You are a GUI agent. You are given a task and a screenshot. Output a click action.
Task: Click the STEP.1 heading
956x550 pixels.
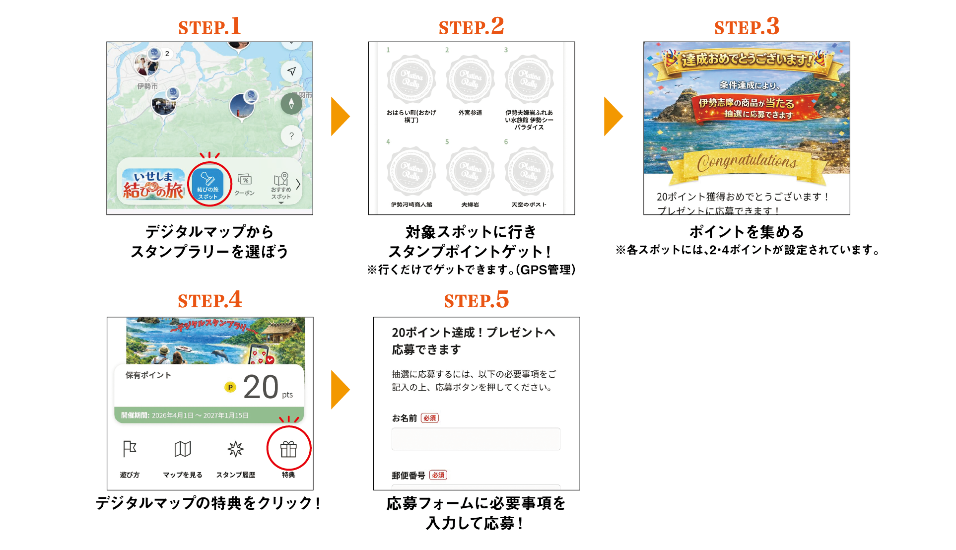[x=209, y=26]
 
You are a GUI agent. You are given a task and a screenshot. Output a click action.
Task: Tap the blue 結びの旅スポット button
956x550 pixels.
[x=207, y=184]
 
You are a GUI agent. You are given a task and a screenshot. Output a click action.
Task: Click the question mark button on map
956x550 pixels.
[x=291, y=136]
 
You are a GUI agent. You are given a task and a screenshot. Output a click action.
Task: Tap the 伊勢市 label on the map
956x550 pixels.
[x=147, y=86]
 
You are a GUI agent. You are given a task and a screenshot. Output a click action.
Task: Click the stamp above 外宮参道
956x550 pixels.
[x=470, y=79]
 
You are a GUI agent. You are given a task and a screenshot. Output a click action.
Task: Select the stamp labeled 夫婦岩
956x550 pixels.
[x=470, y=171]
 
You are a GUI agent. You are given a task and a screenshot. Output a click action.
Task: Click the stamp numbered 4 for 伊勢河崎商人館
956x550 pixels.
[x=411, y=171]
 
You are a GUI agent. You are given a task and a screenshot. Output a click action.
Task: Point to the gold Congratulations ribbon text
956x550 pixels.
[x=747, y=162]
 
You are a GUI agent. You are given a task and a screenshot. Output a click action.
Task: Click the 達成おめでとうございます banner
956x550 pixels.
[x=747, y=60]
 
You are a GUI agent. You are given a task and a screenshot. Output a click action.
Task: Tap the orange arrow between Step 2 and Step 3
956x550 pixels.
[x=613, y=116]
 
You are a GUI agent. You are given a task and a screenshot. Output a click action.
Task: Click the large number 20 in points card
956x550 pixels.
[x=261, y=388]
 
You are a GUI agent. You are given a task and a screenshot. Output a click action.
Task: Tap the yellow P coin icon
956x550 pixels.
[x=230, y=387]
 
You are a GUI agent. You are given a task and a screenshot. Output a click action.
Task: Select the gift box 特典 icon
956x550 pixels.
[x=288, y=449]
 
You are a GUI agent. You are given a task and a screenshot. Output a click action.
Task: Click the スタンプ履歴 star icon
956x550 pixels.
[x=236, y=449]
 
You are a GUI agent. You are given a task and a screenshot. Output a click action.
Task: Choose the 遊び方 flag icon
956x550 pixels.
[x=130, y=449]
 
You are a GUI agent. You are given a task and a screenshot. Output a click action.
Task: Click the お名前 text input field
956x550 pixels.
[x=476, y=439]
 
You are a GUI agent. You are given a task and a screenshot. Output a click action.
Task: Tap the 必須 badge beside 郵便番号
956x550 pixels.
[x=438, y=475]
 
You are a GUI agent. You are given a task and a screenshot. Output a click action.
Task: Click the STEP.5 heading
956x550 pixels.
[x=476, y=300]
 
